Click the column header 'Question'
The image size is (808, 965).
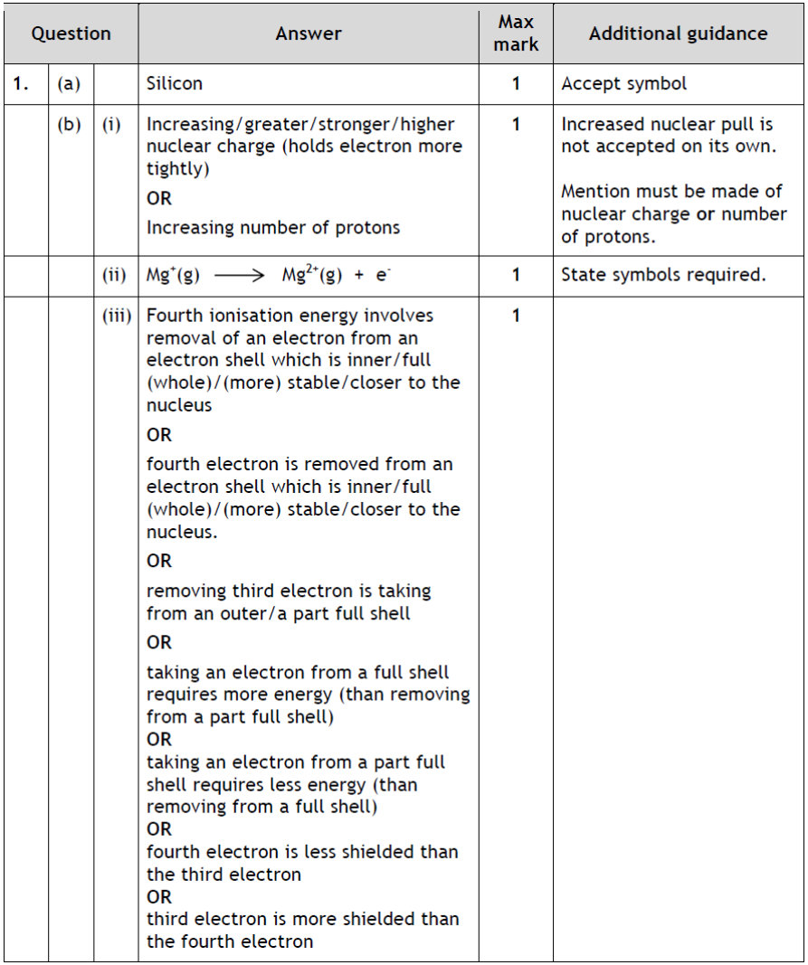(71, 34)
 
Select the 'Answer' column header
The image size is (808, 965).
(309, 34)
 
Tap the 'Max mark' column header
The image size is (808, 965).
(516, 33)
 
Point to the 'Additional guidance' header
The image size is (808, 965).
(678, 34)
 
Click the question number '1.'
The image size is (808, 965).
(21, 84)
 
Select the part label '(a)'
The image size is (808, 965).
(69, 84)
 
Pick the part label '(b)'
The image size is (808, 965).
(69, 125)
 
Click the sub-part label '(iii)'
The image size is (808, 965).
(115, 316)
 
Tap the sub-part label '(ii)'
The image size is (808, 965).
(115, 275)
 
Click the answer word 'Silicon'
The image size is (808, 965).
(175, 84)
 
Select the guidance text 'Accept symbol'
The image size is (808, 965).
(623, 84)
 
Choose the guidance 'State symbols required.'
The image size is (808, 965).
(663, 275)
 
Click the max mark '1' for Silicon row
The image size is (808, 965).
(516, 84)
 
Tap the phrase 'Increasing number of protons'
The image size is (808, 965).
(273, 228)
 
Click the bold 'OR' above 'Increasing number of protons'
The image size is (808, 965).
(159, 199)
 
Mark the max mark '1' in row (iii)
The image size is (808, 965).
(516, 316)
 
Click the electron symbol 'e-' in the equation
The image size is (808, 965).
(383, 275)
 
